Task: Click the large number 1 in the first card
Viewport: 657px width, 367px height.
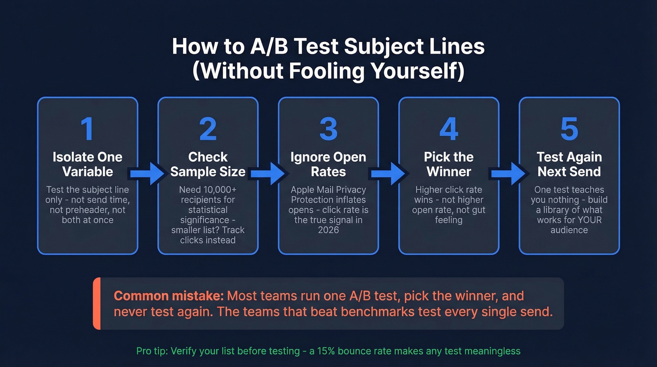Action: tap(87, 129)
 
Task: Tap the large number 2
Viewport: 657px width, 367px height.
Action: tap(208, 129)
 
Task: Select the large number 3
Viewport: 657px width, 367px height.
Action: tap(328, 129)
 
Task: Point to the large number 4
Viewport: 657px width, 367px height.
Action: tap(449, 129)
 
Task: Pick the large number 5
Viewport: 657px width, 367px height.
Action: tap(569, 129)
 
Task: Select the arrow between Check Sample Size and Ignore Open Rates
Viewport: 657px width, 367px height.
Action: tap(268, 174)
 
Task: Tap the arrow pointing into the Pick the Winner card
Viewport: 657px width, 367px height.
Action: tap(389, 174)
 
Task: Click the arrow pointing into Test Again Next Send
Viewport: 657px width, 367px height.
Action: tap(509, 174)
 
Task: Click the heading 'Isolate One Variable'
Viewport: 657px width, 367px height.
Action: tap(88, 164)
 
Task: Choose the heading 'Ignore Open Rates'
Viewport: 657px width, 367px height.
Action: tap(328, 164)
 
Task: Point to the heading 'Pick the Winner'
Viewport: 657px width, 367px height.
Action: tap(449, 164)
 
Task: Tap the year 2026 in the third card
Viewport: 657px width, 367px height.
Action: tap(328, 230)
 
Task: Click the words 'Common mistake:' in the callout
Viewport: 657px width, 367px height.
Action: tap(168, 296)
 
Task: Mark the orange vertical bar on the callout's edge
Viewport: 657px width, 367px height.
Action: tap(97, 303)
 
